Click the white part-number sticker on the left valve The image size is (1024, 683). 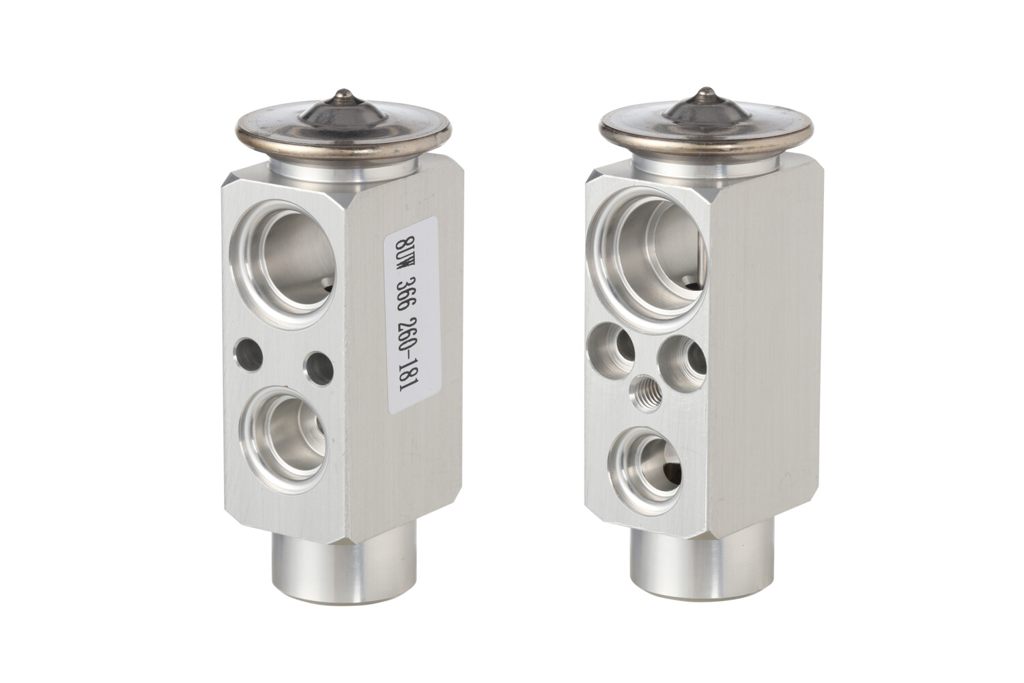click(x=411, y=315)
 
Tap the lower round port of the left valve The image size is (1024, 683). click(x=285, y=439)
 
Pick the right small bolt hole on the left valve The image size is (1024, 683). click(x=319, y=368)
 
